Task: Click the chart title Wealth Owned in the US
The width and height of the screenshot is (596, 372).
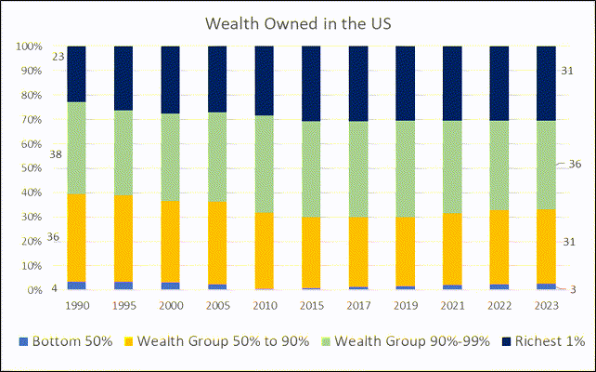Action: tap(298, 22)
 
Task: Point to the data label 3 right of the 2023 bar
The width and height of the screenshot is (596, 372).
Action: tap(573, 289)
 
